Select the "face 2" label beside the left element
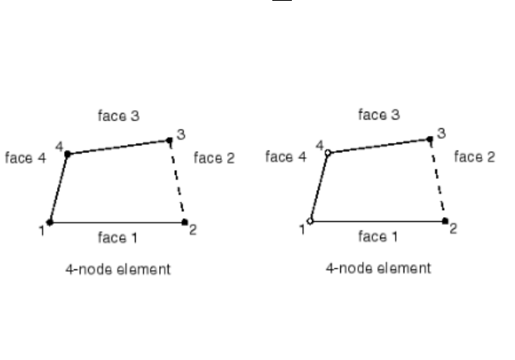point(214,159)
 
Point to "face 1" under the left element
point(118,236)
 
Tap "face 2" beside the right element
point(474,157)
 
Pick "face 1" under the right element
point(378,234)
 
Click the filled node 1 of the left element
point(49,223)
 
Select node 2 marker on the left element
point(184,223)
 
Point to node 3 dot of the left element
point(169,141)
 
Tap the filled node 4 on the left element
point(67,155)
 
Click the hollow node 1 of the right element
point(311,222)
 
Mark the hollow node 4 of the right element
point(329,152)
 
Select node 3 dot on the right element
point(431,140)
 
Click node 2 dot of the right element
point(445,222)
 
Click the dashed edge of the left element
point(177,182)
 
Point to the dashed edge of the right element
point(438,181)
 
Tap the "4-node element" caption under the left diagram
point(118,270)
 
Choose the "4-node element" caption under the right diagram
point(378,269)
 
